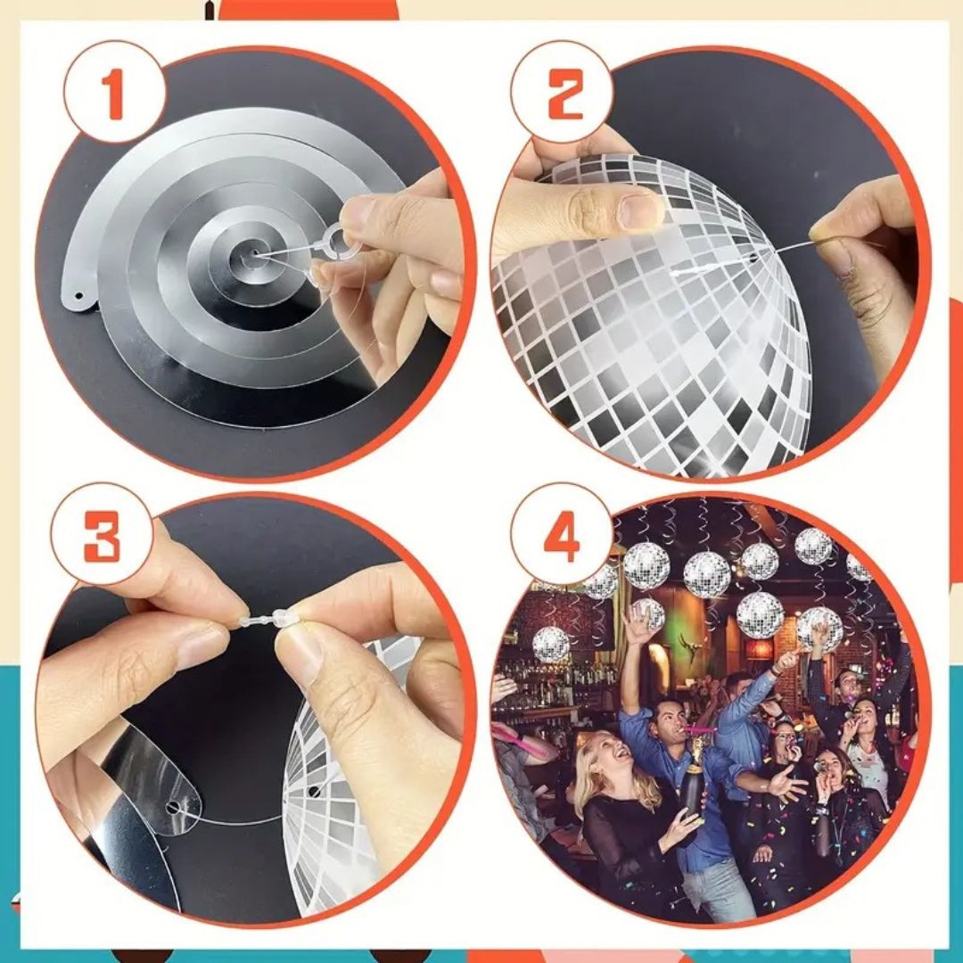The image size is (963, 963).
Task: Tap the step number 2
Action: click(564, 94)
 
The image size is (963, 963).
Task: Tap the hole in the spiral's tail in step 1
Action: click(78, 296)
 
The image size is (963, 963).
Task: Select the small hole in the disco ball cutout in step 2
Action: click(751, 259)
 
